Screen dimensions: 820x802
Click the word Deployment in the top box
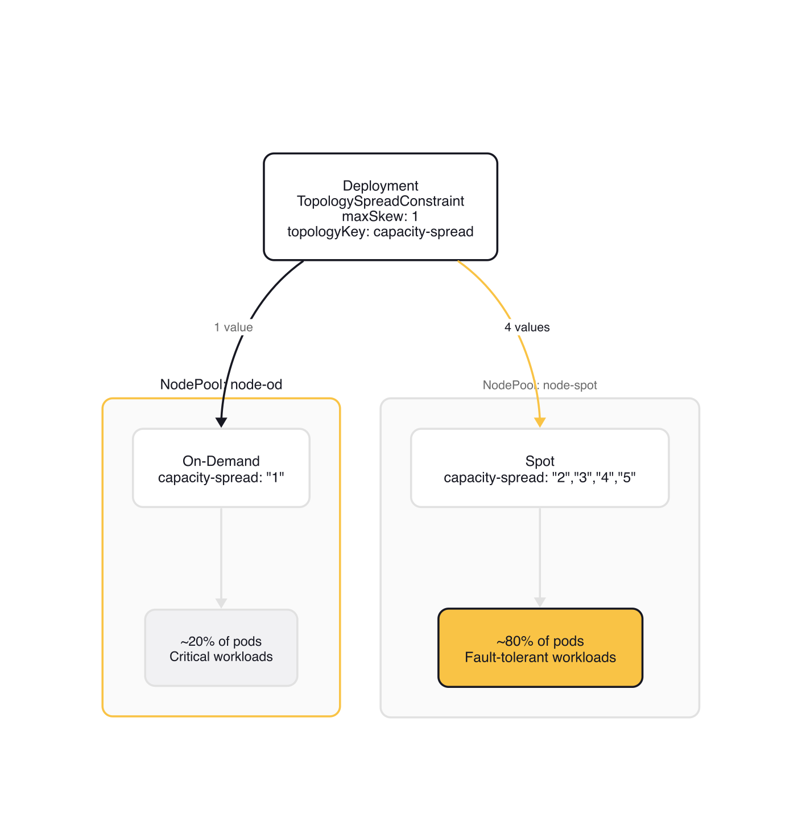[381, 186]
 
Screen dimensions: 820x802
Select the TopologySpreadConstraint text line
[381, 201]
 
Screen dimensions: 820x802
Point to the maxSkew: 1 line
[381, 216]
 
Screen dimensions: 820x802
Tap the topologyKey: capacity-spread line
[381, 232]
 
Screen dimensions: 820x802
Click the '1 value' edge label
[233, 327]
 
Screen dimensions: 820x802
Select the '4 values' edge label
[527, 327]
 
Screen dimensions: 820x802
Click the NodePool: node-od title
[221, 384]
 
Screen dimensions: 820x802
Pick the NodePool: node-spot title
[539, 385]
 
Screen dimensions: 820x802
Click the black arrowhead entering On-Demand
[221, 422]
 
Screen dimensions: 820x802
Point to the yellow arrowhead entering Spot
[540, 422]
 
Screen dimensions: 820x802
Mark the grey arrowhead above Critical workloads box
[221, 603]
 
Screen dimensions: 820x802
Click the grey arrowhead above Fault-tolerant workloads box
[540, 602]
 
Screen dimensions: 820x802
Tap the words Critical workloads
[221, 657]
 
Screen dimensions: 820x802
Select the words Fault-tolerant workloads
[540, 657]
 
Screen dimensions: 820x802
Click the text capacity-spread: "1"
[221, 477]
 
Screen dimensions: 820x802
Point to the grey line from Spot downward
[540, 552]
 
